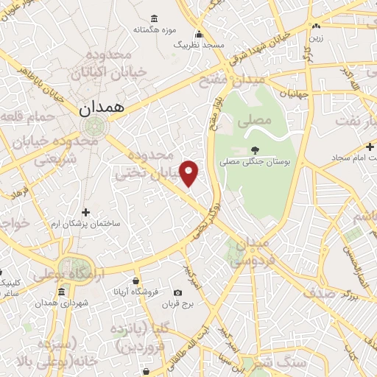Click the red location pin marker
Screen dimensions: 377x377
coord(189,172)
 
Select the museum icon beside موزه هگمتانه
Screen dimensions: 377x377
coord(154,18)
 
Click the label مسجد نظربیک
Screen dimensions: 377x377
coord(198,44)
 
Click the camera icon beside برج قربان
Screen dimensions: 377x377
coord(177,292)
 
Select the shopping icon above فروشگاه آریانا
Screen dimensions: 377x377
coord(135,281)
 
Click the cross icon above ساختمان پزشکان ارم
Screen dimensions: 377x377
coord(86,212)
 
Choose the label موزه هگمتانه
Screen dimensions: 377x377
coord(153,30)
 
